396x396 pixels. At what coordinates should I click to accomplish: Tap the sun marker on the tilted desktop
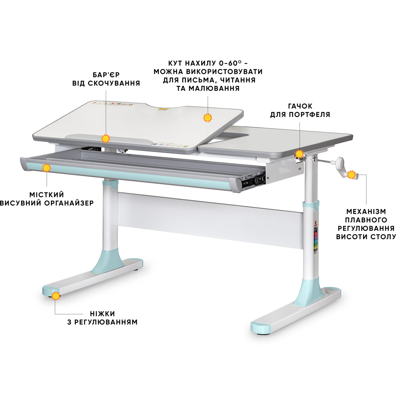pos(208,118)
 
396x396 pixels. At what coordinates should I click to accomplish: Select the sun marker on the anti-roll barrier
pos(106,139)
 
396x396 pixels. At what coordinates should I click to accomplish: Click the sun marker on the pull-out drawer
pos(46,168)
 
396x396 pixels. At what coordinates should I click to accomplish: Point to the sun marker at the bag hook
pos(299,154)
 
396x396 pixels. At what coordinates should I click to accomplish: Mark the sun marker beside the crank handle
pos(351,175)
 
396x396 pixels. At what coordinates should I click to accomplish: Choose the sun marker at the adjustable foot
pos(56,296)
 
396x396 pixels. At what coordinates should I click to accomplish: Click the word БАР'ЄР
pos(106,75)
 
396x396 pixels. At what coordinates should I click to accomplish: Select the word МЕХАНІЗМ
pos(366,211)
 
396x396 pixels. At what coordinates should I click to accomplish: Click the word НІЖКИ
pos(102,314)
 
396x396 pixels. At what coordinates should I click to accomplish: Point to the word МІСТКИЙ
pos(47,195)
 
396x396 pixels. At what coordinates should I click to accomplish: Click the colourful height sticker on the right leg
pos(315,237)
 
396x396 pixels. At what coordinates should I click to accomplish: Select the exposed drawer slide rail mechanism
pos(253,180)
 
